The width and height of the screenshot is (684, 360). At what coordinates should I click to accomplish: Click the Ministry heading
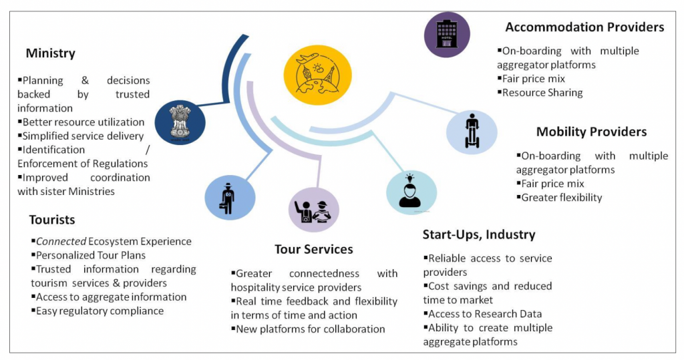[51, 53]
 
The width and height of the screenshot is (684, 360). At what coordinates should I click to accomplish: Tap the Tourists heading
[52, 220]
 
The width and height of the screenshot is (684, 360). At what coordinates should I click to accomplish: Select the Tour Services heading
[313, 249]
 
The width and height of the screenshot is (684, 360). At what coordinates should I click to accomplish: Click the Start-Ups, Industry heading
[479, 234]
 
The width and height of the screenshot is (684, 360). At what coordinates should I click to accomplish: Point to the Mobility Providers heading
[591, 132]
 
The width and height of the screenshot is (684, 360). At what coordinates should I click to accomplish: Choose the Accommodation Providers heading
[584, 27]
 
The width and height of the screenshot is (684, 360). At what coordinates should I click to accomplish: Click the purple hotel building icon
[447, 34]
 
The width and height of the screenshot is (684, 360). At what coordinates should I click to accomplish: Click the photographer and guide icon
[313, 210]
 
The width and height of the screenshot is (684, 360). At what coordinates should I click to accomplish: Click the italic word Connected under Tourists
[58, 241]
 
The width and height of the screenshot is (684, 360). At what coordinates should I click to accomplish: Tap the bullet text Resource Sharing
[542, 93]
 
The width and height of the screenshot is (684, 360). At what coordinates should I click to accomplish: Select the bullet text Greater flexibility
[561, 198]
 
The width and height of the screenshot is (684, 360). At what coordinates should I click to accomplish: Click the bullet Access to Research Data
[485, 314]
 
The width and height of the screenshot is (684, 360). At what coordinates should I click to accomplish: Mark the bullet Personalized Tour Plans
[91, 255]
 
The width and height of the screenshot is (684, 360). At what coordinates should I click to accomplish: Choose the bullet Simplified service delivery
[83, 136]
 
